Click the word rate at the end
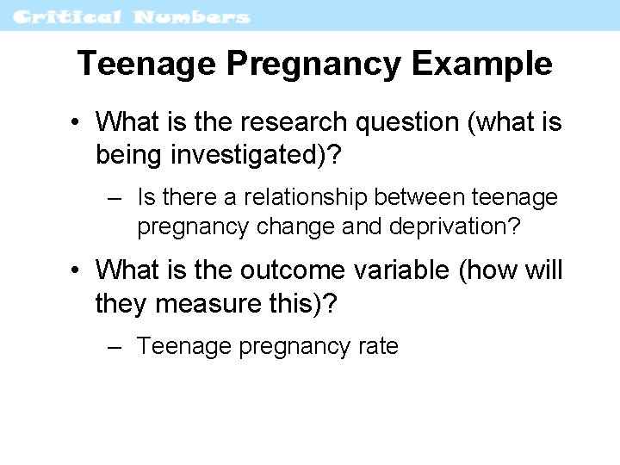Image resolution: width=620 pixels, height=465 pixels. click(379, 346)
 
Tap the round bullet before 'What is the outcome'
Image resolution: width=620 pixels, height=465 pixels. click(77, 271)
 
